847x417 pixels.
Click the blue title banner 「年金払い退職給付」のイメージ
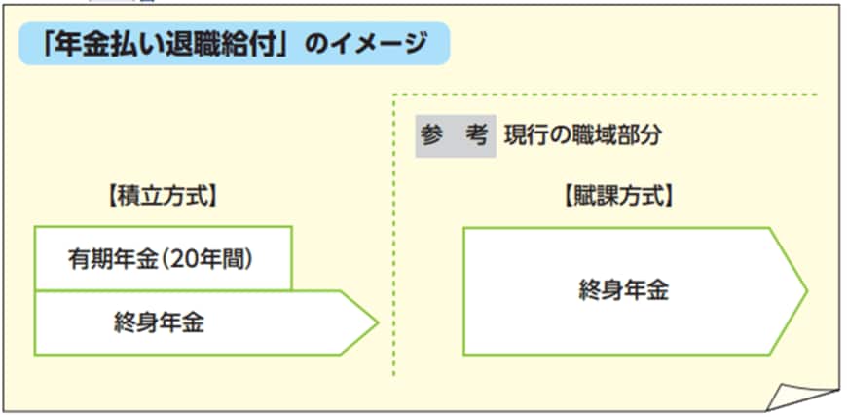(235, 44)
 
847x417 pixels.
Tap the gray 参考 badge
(456, 136)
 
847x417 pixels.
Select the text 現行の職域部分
(582, 136)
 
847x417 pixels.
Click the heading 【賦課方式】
(618, 198)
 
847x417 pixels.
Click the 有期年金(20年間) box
(164, 258)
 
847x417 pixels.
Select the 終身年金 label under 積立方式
(160, 323)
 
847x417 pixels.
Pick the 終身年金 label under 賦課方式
(624, 291)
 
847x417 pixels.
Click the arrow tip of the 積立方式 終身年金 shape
(378, 322)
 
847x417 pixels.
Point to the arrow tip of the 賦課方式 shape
(807, 291)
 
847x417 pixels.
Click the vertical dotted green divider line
(393, 235)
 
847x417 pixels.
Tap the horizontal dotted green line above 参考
(605, 95)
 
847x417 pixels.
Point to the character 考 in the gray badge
(477, 136)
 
